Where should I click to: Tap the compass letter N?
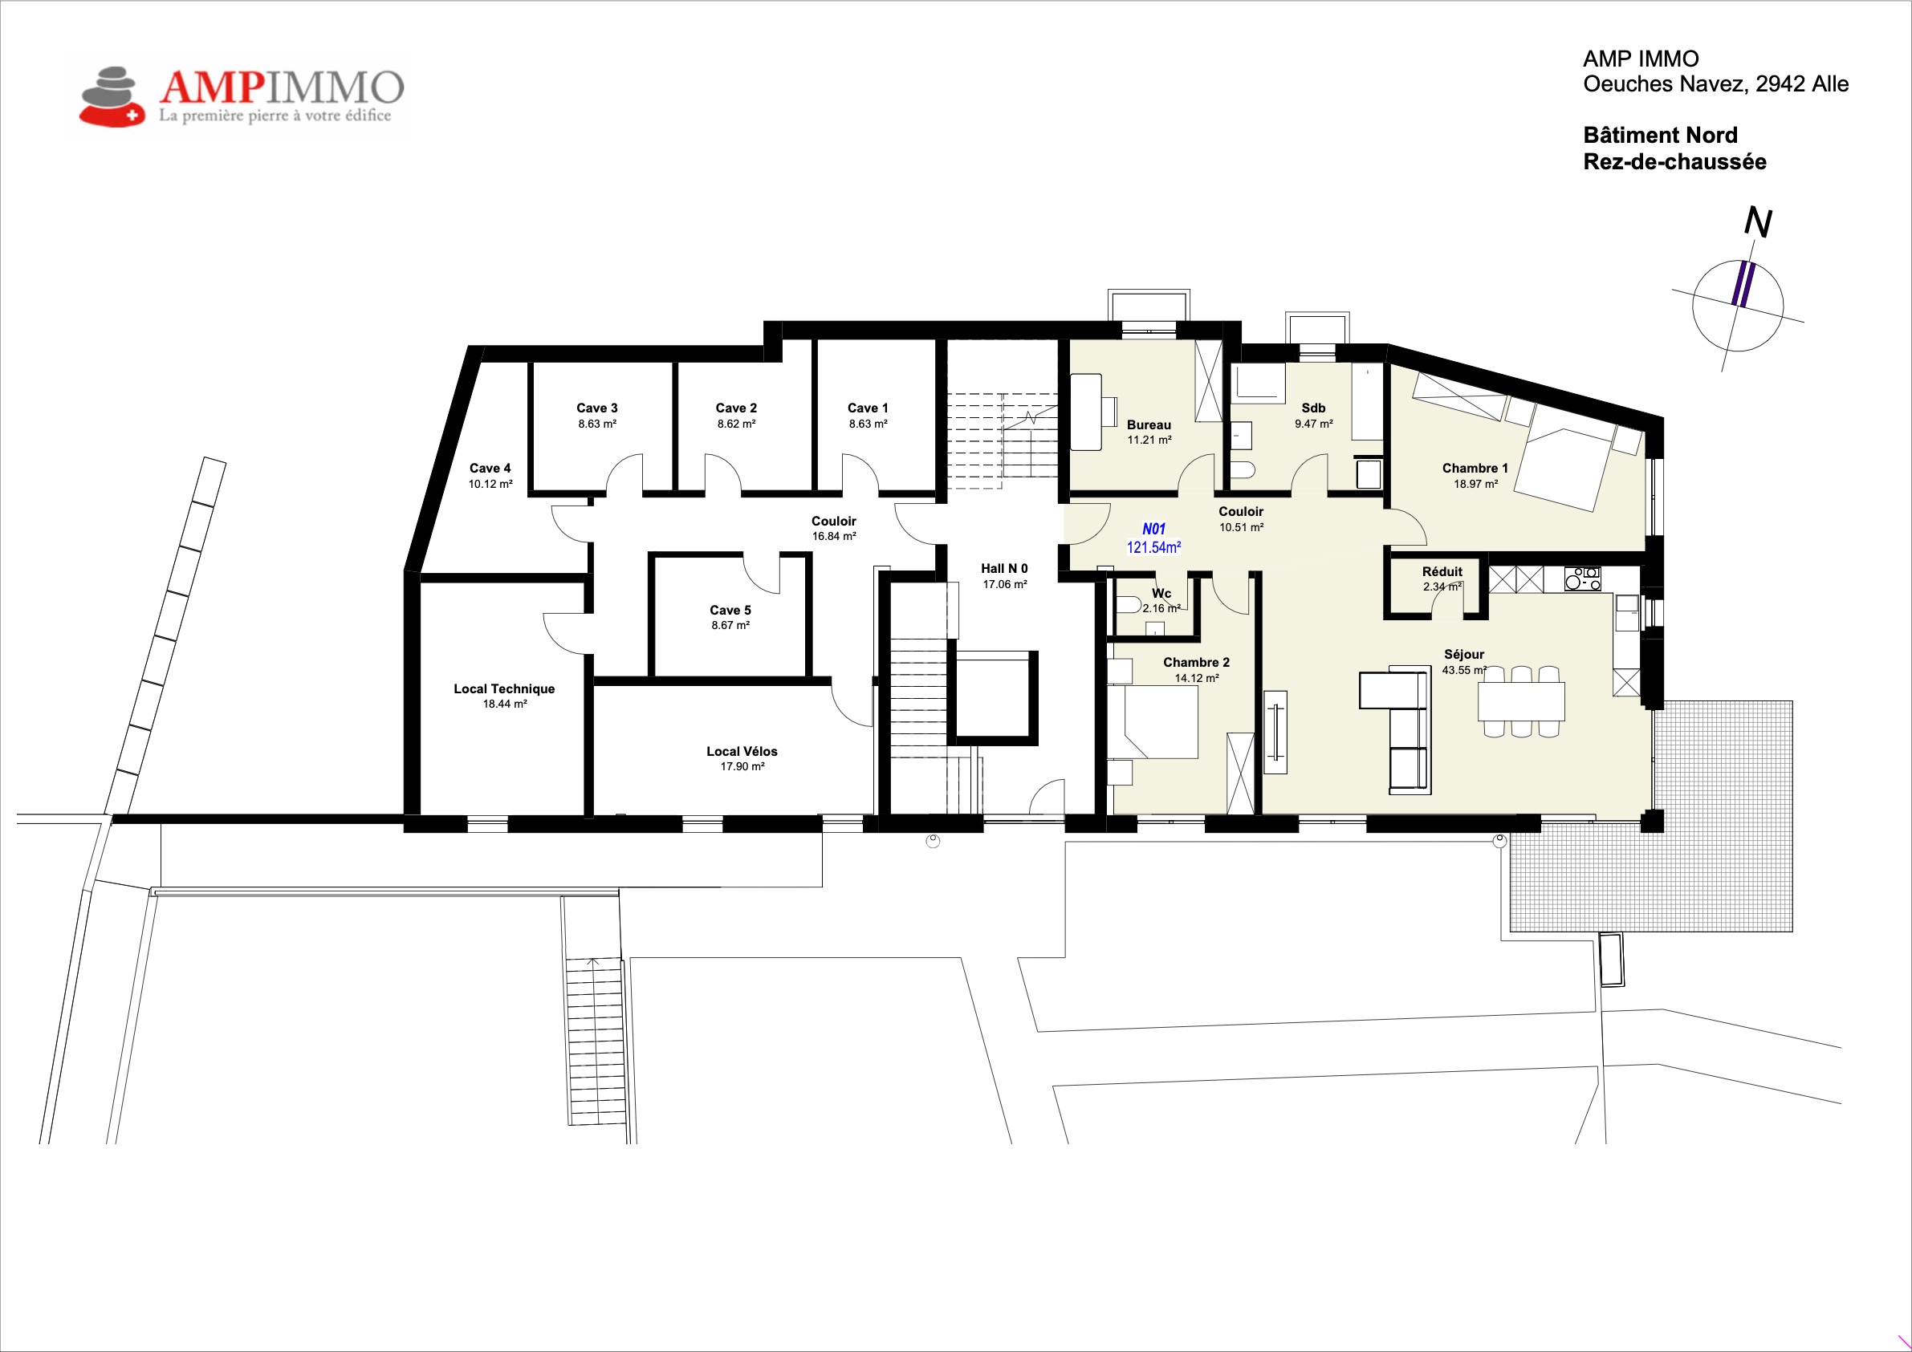point(1758,222)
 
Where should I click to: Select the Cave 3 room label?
point(597,408)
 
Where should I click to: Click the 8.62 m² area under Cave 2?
point(736,424)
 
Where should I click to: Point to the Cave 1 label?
point(868,408)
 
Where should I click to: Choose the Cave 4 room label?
point(490,468)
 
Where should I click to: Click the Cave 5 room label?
point(730,611)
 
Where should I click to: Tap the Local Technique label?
point(504,688)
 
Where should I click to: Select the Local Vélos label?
point(742,751)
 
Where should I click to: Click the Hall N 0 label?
point(1004,569)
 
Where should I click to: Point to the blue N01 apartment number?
point(1153,529)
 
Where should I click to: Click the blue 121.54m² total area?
point(1153,547)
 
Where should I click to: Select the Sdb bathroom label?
point(1313,408)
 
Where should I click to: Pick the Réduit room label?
point(1442,572)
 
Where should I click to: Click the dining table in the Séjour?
point(1521,701)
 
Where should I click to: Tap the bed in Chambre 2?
point(1153,722)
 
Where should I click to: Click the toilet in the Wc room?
point(1129,604)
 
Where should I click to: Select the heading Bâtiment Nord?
point(1661,135)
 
